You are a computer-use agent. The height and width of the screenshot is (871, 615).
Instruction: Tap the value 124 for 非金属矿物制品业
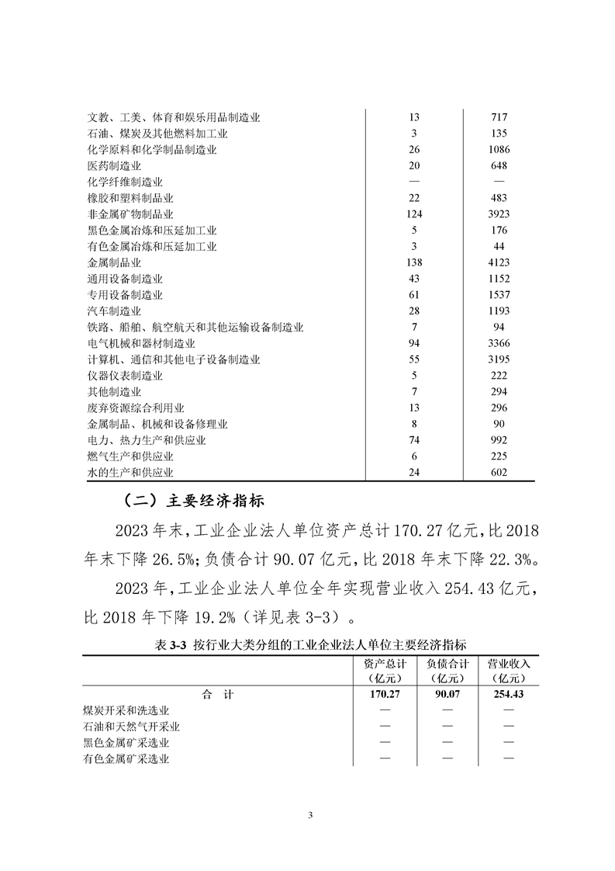tap(413, 214)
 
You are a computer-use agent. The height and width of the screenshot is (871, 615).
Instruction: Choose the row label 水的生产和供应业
tap(130, 473)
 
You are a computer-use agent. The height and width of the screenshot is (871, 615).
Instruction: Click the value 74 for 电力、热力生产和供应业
tap(413, 440)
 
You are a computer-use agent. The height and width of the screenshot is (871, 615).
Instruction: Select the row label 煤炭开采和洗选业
tap(126, 710)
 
